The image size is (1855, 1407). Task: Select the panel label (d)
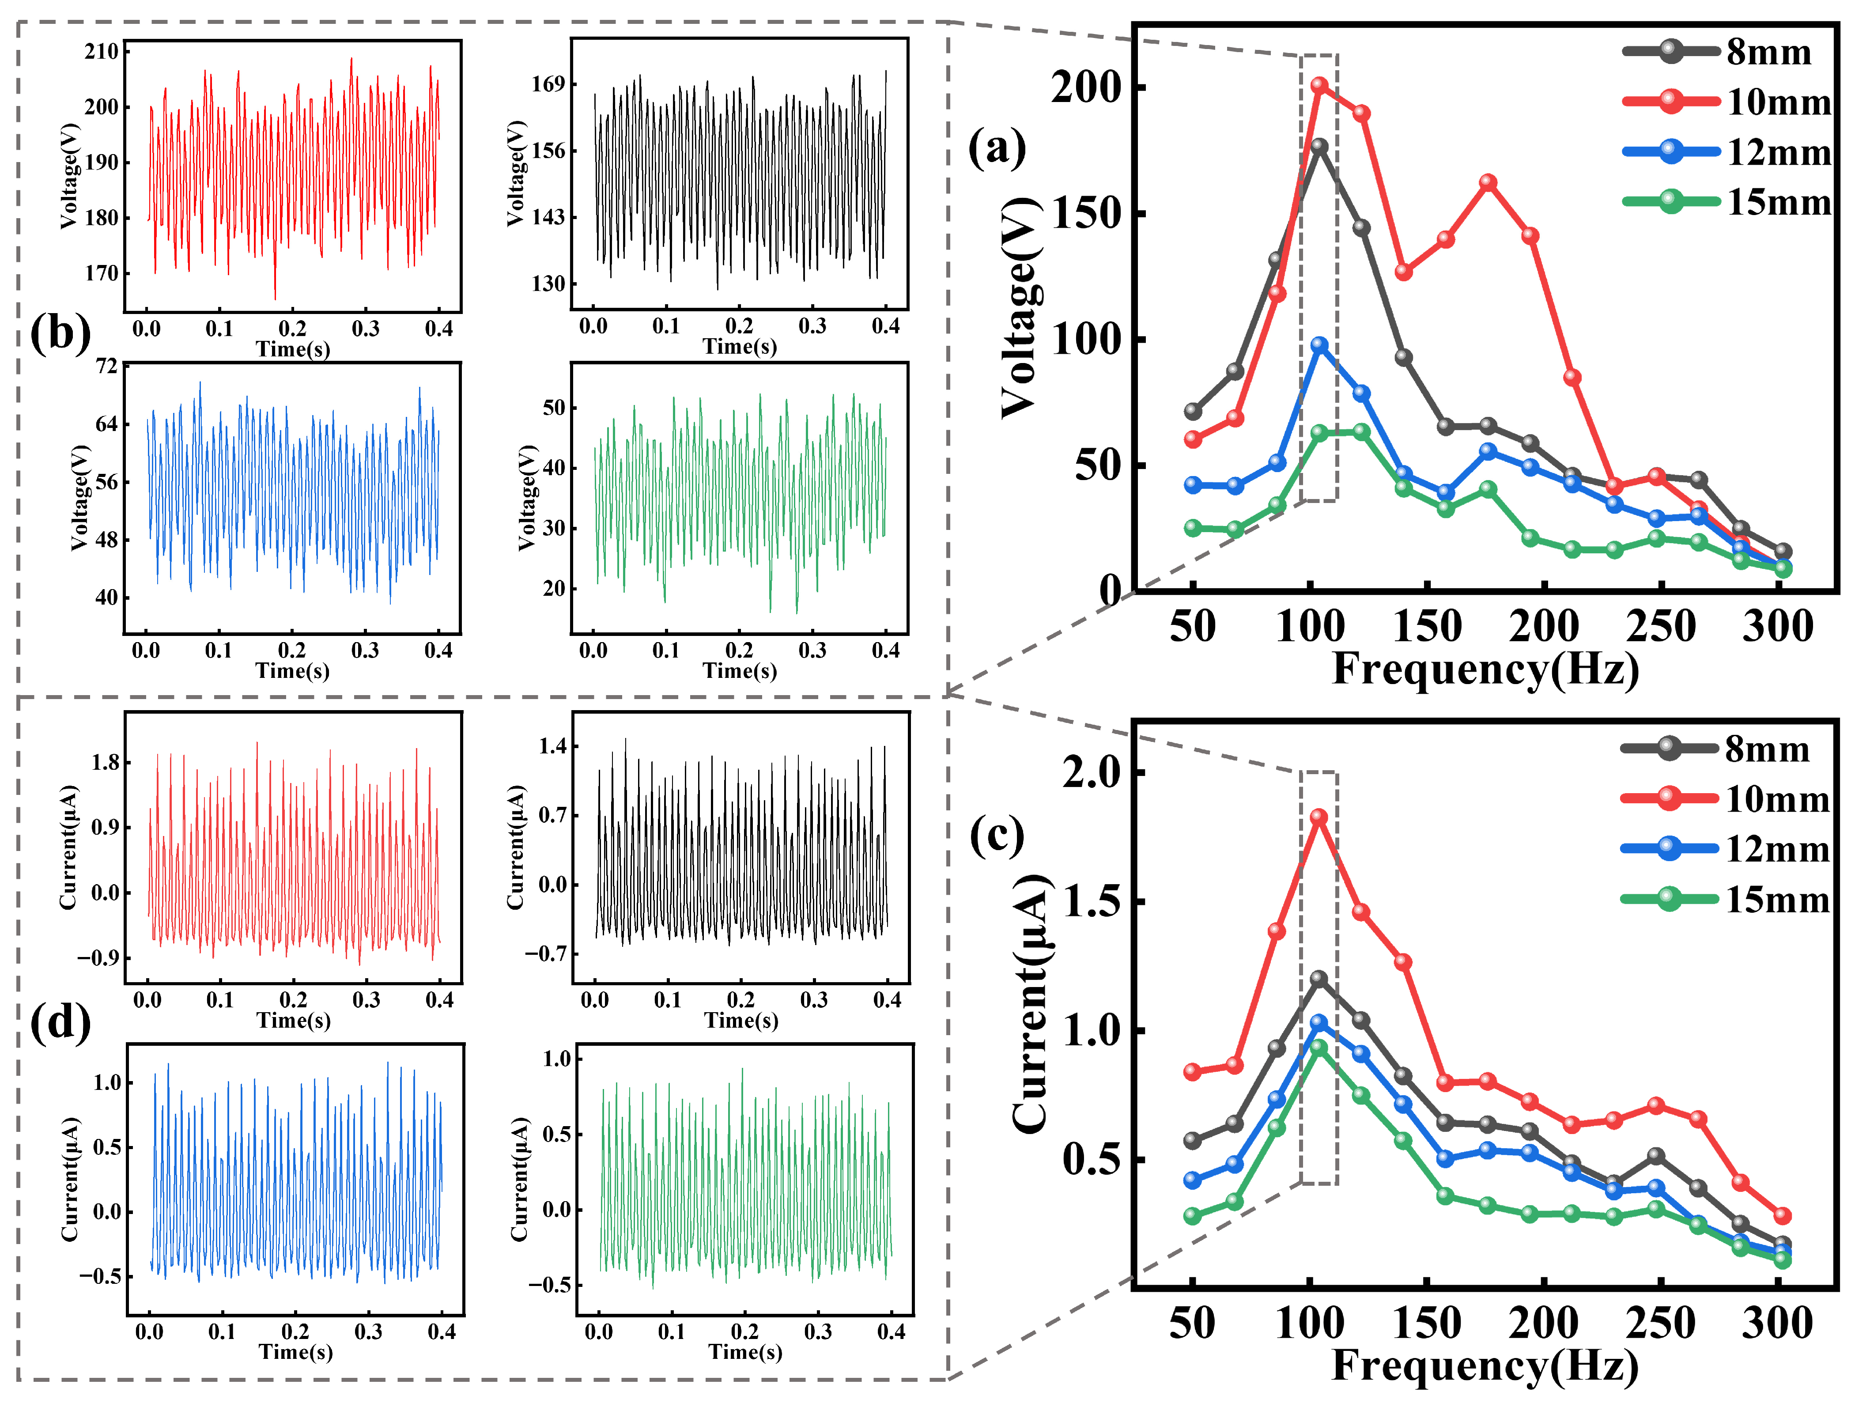pyautogui.click(x=60, y=1022)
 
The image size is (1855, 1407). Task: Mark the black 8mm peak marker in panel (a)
pyautogui.click(x=1319, y=147)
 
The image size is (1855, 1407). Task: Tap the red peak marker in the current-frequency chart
pyautogui.click(x=1319, y=817)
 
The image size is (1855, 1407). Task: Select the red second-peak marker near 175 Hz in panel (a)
pyautogui.click(x=1488, y=183)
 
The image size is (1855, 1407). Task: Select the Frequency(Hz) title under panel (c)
pyautogui.click(x=1485, y=1365)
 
